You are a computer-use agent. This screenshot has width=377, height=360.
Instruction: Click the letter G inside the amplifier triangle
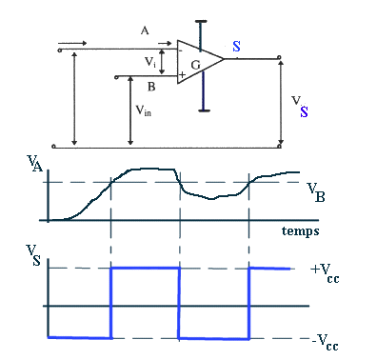tap(196, 65)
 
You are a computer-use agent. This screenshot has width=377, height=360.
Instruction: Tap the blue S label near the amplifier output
tap(236, 47)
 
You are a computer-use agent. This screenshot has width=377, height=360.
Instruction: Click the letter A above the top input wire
tap(145, 30)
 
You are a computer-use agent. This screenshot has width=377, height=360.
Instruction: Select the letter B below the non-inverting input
tap(151, 87)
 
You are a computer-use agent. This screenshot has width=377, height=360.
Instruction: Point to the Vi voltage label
tap(150, 62)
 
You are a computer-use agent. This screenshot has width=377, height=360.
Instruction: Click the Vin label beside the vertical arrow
tap(144, 110)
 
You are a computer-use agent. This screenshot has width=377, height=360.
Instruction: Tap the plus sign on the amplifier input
tap(182, 75)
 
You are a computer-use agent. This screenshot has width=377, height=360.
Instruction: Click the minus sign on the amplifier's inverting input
tap(180, 50)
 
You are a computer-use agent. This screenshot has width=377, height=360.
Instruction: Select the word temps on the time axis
tap(300, 231)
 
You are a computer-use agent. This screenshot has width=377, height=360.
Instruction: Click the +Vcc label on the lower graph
tap(325, 273)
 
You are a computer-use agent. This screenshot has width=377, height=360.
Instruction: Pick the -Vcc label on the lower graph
tap(326, 343)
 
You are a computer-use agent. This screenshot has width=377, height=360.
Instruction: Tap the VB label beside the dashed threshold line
tap(316, 192)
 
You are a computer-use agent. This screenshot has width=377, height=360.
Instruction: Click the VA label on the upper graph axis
tap(35, 164)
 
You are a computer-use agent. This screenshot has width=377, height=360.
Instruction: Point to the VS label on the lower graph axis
tap(33, 255)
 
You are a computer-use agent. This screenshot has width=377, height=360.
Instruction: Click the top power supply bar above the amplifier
tap(201, 22)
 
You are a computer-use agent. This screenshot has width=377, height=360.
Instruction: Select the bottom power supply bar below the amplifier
tap(204, 110)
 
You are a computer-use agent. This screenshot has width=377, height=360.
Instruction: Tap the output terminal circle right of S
tap(279, 57)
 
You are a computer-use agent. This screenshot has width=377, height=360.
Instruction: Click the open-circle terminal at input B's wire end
tap(116, 77)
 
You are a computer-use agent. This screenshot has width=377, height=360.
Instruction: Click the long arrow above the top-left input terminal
tap(72, 43)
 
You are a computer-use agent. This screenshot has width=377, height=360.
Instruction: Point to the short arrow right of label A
tap(165, 43)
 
